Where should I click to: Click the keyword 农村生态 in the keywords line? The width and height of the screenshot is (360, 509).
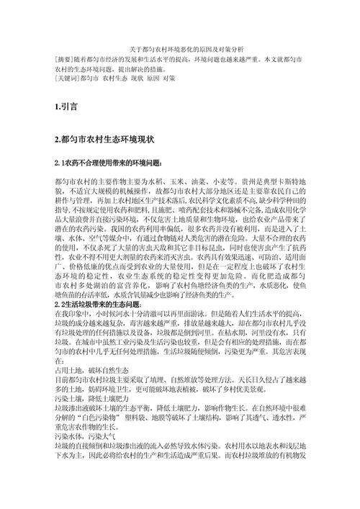coord(115,78)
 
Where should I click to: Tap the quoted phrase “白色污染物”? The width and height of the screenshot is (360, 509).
coord(105,423)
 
